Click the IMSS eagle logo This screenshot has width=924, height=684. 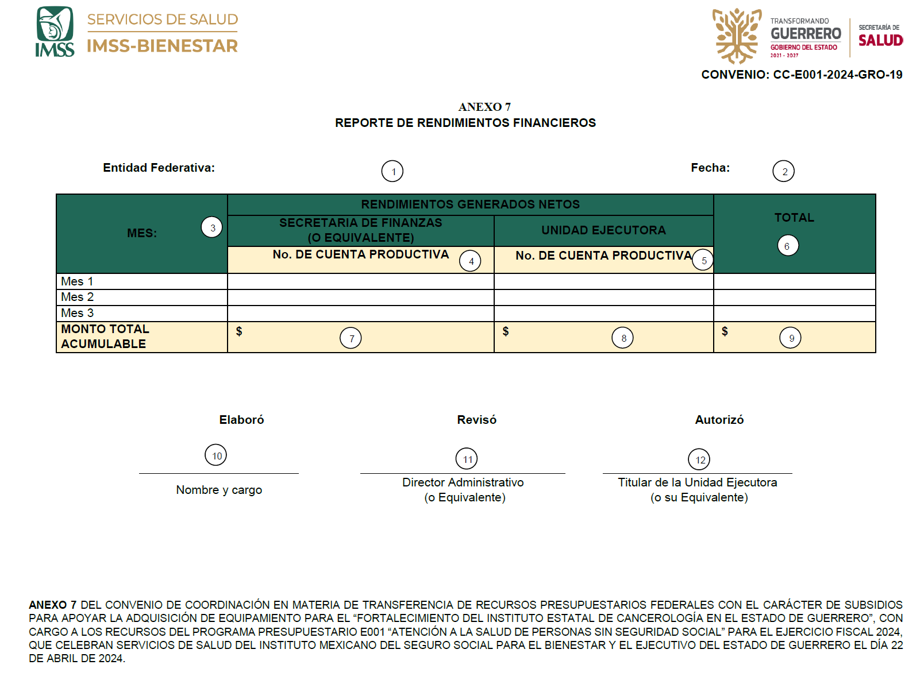[55, 32]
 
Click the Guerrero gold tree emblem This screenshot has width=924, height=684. [737, 36]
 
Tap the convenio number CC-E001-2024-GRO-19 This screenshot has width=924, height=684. [837, 75]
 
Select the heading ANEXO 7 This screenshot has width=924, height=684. [484, 107]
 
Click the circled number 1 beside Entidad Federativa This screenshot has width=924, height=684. [392, 171]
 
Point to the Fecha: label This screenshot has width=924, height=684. [710, 168]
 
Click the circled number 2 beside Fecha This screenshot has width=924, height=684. [784, 171]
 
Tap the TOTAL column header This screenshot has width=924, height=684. [794, 218]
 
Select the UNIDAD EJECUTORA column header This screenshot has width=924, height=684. [603, 230]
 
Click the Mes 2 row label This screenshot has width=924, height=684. [78, 297]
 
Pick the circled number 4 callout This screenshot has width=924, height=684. [470, 261]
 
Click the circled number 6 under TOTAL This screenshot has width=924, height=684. [788, 246]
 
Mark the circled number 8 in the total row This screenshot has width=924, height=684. [623, 338]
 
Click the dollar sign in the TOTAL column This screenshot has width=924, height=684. [725, 331]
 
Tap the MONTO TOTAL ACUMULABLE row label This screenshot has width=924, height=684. [105, 337]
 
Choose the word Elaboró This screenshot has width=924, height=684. [241, 420]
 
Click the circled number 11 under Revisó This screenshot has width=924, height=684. [467, 459]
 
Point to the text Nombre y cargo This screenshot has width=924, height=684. [219, 490]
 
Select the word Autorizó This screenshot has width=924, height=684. [719, 420]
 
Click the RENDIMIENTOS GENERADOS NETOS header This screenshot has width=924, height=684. [470, 204]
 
